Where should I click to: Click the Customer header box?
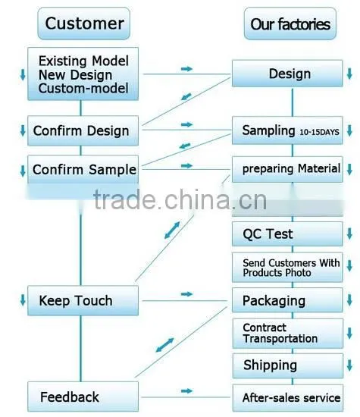click(x=84, y=24)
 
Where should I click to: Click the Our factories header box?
click(x=290, y=24)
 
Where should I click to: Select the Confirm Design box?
click(x=83, y=130)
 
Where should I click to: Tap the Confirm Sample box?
click(x=83, y=169)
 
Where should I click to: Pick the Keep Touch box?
click(x=83, y=300)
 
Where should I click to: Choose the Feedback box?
click(x=83, y=397)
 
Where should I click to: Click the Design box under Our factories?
click(x=287, y=74)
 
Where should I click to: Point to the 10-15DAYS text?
click(x=319, y=132)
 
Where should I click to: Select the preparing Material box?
click(x=287, y=169)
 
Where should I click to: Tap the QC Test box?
click(x=287, y=234)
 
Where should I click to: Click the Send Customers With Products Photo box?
click(x=287, y=268)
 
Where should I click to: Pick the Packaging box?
click(x=287, y=300)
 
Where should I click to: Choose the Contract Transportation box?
click(x=288, y=334)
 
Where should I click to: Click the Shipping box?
click(x=288, y=365)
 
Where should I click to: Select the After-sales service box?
click(x=288, y=398)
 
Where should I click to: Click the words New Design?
click(x=75, y=75)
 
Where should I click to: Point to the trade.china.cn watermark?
click(x=180, y=199)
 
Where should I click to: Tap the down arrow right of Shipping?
click(x=349, y=365)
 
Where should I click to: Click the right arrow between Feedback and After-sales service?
click(x=186, y=390)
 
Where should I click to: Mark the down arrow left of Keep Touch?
click(x=23, y=300)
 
